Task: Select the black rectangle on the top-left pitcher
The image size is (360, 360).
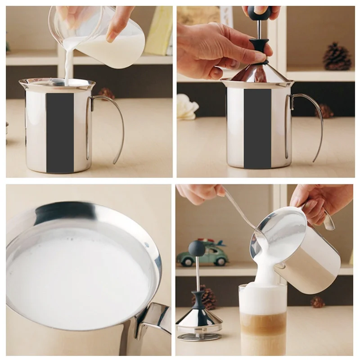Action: tap(60, 132)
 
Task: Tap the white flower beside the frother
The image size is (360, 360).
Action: tap(186, 108)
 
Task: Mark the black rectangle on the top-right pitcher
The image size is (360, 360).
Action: tap(257, 128)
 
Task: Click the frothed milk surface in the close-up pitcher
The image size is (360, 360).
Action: tap(76, 274)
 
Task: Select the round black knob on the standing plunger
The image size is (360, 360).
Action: tap(197, 247)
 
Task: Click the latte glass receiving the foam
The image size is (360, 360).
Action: tap(263, 319)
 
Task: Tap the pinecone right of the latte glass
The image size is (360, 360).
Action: tap(318, 302)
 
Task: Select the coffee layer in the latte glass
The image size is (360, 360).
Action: tap(263, 326)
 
